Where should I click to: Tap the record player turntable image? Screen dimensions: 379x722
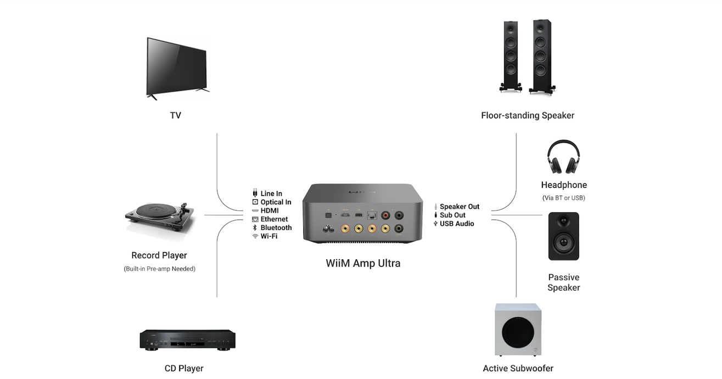[x=160, y=219]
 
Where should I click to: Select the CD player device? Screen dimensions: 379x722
[x=187, y=339]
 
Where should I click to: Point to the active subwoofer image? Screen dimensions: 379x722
[x=518, y=330]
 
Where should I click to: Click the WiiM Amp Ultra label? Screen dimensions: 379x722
[x=363, y=263]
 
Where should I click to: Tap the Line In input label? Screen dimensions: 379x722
[x=271, y=193]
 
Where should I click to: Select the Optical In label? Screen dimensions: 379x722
[x=276, y=202]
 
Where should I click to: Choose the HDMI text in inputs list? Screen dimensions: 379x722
[x=270, y=210]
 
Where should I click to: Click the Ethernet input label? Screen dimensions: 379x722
[x=274, y=219]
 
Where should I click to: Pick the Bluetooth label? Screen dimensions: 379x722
[x=276, y=227]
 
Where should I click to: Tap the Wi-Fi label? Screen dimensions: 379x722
[x=269, y=236]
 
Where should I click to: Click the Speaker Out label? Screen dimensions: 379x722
[x=460, y=207]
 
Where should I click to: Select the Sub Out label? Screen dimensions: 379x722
[x=452, y=215]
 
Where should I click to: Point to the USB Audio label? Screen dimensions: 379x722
[x=457, y=224]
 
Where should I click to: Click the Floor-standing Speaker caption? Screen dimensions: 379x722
[x=528, y=115]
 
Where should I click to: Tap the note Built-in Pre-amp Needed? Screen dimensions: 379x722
[x=160, y=269]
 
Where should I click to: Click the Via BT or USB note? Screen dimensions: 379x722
[x=564, y=198]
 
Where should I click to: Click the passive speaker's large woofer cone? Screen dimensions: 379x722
[x=564, y=242]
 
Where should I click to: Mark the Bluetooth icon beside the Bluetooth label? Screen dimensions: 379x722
[x=255, y=227]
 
